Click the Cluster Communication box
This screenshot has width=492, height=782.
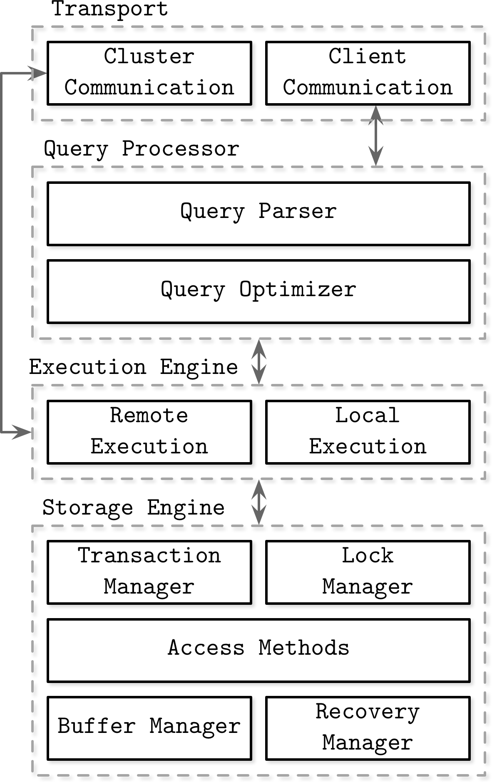click(149, 73)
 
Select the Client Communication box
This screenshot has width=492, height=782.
click(368, 73)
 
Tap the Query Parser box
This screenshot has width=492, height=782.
click(258, 213)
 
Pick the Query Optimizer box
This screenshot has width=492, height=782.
click(258, 291)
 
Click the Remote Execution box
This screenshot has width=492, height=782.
click(149, 432)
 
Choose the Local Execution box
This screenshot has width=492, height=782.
click(368, 432)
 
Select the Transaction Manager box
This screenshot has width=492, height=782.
click(149, 572)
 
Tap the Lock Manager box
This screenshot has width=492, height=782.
click(368, 572)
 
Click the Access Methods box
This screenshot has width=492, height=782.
click(258, 650)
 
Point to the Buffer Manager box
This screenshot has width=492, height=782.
click(149, 728)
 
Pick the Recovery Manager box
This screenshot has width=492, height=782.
click(368, 728)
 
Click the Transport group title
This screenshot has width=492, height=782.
click(110, 9)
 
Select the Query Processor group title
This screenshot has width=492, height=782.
click(142, 149)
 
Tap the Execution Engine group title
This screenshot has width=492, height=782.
click(133, 367)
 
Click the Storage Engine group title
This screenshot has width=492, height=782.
click(133, 508)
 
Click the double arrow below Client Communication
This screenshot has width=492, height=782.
click(376, 136)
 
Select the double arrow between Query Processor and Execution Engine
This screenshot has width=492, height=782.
click(259, 362)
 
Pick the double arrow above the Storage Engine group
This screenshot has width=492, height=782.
click(259, 502)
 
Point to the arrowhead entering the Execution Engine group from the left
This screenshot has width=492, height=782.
click(23, 432)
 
